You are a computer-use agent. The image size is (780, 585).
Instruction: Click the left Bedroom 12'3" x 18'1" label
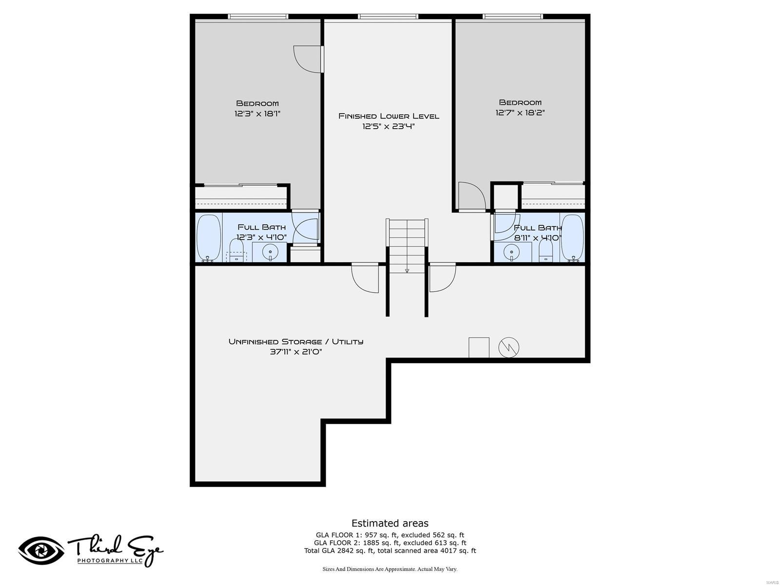point(257,108)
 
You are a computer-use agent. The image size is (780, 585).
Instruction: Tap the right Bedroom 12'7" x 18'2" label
point(520,107)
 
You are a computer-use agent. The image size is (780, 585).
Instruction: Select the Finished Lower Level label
point(389,121)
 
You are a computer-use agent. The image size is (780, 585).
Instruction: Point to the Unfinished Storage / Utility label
point(296,346)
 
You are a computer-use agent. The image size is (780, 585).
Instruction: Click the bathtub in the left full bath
point(209,238)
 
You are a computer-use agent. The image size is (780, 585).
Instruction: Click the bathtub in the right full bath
point(572,238)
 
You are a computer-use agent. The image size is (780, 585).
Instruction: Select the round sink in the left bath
point(270,253)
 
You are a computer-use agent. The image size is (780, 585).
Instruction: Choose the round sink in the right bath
point(511,253)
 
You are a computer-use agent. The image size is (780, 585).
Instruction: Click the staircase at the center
point(407,244)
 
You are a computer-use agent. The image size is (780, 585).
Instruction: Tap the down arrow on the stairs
point(407,271)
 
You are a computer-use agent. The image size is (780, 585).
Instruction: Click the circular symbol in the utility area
point(508,348)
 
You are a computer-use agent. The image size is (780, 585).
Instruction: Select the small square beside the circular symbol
point(479,348)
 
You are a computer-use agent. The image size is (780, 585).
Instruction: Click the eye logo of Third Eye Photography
point(41,551)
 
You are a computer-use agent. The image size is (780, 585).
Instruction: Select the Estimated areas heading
point(390,523)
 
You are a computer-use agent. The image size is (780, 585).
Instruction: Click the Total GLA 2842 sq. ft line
point(390,551)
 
